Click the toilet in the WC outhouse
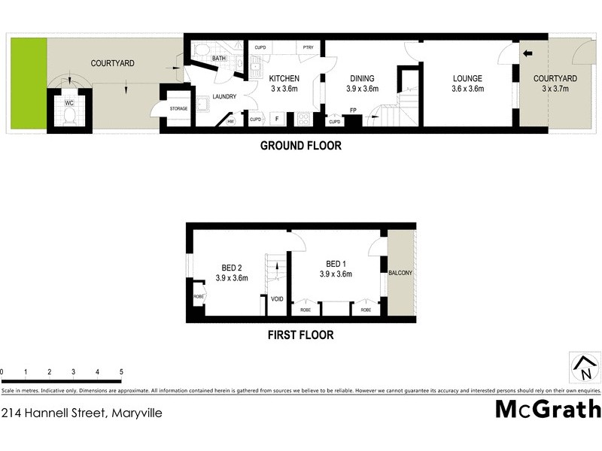click(68, 115)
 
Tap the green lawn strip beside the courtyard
click(29, 83)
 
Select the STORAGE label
click(179, 108)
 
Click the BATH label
click(219, 58)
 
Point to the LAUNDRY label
click(224, 96)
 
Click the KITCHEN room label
click(284, 78)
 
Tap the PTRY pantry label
click(308, 47)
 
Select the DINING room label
click(362, 78)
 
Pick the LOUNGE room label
click(467, 78)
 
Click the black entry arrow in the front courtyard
click(528, 53)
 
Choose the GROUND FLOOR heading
click(300, 146)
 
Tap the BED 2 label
click(231, 268)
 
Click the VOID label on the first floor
click(276, 299)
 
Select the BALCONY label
click(400, 274)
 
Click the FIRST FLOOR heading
click(300, 335)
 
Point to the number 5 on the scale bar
click(120, 372)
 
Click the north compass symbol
click(584, 368)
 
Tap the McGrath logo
click(548, 409)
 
